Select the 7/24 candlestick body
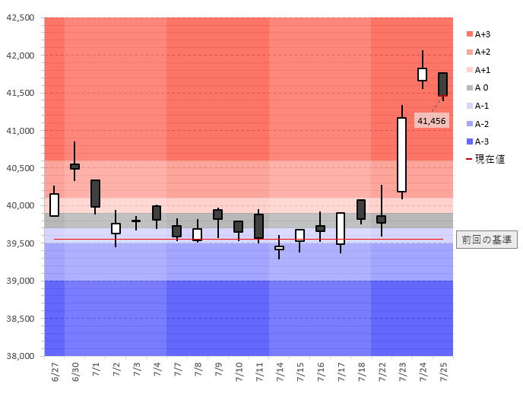423,74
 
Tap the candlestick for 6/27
55,205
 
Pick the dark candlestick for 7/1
96,193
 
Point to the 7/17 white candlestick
341,228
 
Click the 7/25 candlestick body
442,84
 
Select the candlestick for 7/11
259,226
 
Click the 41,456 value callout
432,120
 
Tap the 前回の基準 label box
486,240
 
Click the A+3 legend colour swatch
469,34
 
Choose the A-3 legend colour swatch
469,141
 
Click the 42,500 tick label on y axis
21,17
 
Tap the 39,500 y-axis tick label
21,243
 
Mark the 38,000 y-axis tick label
21,356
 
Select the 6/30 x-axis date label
76,373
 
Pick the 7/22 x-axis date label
382,373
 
